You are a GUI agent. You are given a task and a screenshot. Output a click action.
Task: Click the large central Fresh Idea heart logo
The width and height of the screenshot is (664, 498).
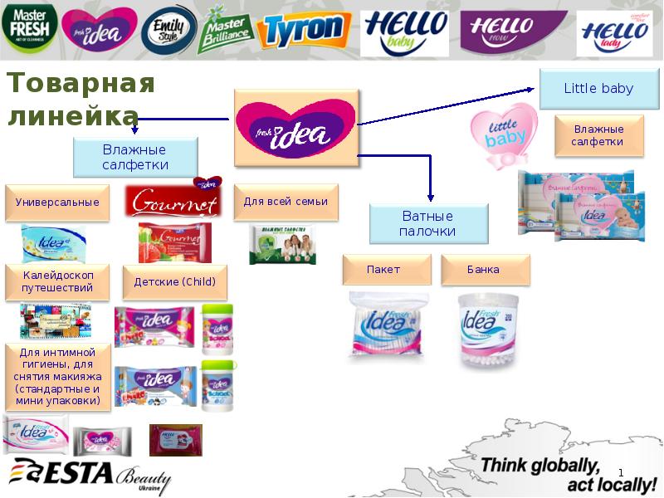coord(296,126)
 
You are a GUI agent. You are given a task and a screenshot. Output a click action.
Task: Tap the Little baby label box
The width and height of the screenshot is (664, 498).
coord(598,89)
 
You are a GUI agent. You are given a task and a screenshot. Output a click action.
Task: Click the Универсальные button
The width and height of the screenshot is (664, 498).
coord(57,202)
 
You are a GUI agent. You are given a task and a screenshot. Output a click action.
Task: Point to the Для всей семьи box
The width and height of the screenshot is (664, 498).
coord(286,202)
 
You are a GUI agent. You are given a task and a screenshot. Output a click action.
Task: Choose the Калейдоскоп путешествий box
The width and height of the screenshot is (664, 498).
coord(57,281)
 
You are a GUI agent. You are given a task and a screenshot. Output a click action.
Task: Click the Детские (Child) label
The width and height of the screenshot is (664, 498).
coord(174,282)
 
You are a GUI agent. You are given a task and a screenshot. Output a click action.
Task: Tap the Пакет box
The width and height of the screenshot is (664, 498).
coord(387,270)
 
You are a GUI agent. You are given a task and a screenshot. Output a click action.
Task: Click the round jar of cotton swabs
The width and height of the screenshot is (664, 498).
coord(488,330)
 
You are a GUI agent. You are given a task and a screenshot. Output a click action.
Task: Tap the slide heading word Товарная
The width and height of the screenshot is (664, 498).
coord(81,84)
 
